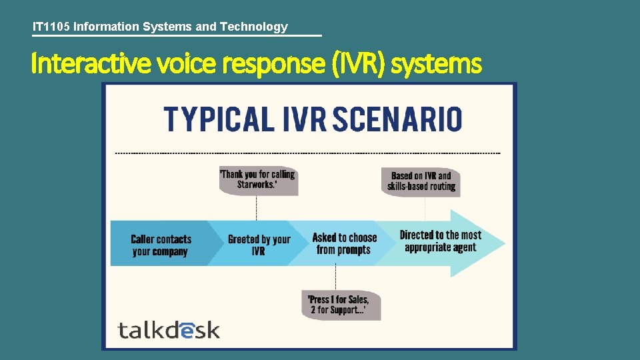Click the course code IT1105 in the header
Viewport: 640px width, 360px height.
(x=51, y=27)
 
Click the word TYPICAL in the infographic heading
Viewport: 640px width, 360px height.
(x=219, y=119)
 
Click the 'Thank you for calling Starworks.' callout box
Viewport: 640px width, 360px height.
(x=257, y=179)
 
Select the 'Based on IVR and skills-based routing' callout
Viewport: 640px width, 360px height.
(x=422, y=181)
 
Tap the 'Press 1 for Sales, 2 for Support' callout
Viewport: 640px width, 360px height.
(x=339, y=305)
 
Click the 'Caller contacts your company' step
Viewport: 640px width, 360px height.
(x=161, y=245)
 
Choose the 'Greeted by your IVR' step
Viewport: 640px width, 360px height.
(x=259, y=245)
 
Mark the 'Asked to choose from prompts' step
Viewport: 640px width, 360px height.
(x=344, y=243)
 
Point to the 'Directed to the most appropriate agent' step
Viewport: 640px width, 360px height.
(x=440, y=241)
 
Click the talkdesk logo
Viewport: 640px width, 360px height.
(x=169, y=329)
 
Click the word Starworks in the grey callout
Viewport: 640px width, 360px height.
(x=256, y=185)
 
